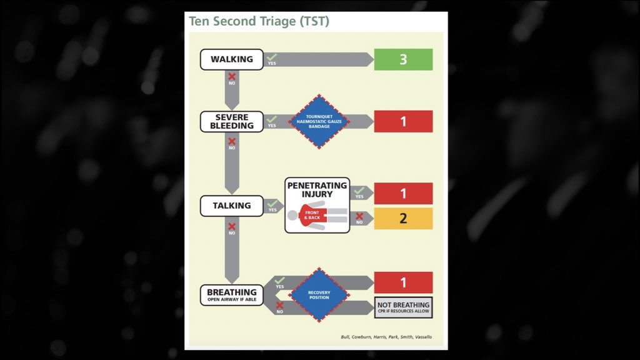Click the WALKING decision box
pyautogui.click(x=231, y=59)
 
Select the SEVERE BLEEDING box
pyautogui.click(x=231, y=121)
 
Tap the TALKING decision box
pyautogui.click(x=231, y=206)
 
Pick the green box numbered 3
pyautogui.click(x=403, y=59)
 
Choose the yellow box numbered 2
pyautogui.click(x=403, y=219)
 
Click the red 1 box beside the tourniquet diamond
pyautogui.click(x=403, y=121)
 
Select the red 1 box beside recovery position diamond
pyautogui.click(x=403, y=282)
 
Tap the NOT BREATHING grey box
pyautogui.click(x=403, y=307)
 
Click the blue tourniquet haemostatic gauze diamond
pyautogui.click(x=319, y=121)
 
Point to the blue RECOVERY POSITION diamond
pyautogui.click(x=319, y=294)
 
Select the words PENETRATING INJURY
pyautogui.click(x=317, y=189)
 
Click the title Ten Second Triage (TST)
pyautogui.click(x=259, y=21)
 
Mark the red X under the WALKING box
pyautogui.click(x=232, y=77)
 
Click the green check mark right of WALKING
pyautogui.click(x=271, y=57)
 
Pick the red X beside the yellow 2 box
pyautogui.click(x=359, y=217)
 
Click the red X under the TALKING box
pyautogui.click(x=232, y=226)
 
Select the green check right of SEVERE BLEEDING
pyautogui.click(x=271, y=119)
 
